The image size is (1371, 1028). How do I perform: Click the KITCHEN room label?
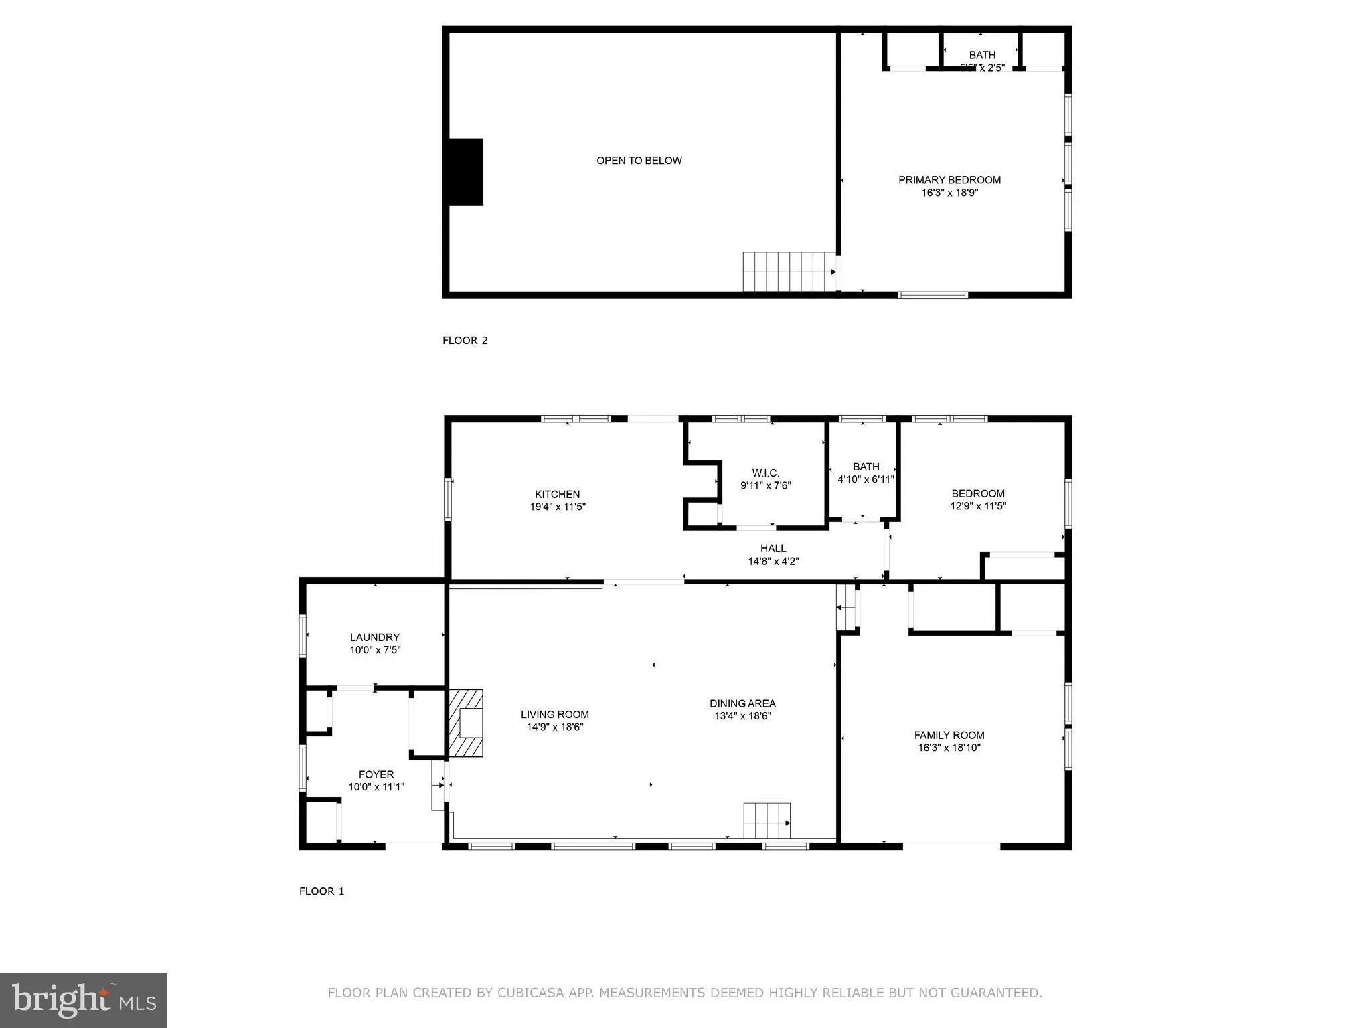(557, 494)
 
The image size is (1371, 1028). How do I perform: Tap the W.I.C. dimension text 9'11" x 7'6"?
(765, 486)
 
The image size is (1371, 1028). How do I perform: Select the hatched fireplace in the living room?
(466, 723)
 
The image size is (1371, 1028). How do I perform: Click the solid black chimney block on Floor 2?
(465, 172)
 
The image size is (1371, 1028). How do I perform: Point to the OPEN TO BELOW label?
(639, 161)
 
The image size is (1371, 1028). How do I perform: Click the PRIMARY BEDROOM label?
(949, 180)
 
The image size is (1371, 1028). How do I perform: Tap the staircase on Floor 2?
(789, 272)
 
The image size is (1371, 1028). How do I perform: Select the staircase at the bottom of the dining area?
(767, 821)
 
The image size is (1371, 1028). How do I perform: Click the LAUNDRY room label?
(374, 637)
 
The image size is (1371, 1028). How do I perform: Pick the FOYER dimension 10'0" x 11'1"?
(376, 787)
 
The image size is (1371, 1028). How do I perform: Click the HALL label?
(773, 548)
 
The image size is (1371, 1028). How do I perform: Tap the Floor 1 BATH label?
(866, 466)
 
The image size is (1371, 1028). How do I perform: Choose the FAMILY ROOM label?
(949, 735)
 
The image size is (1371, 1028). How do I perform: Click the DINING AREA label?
(742, 703)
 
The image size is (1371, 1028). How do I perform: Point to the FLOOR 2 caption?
(465, 340)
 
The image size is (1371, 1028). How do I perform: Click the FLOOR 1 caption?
(321, 891)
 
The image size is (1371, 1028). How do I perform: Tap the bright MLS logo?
(84, 1001)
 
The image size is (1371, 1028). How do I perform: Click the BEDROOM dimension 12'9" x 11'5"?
(978, 507)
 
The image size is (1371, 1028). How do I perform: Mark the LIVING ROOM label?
(554, 714)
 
